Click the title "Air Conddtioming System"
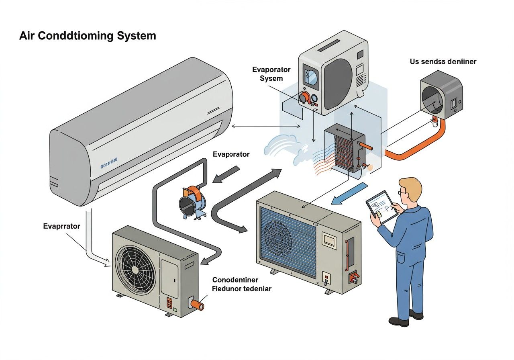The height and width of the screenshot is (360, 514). (x=88, y=36)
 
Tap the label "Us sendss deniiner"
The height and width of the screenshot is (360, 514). (x=443, y=62)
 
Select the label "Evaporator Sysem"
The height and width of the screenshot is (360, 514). (x=271, y=74)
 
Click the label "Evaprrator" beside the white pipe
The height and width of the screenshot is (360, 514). (x=61, y=226)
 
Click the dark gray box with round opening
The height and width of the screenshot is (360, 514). (x=441, y=95)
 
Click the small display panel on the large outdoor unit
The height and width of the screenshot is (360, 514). (x=330, y=240)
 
